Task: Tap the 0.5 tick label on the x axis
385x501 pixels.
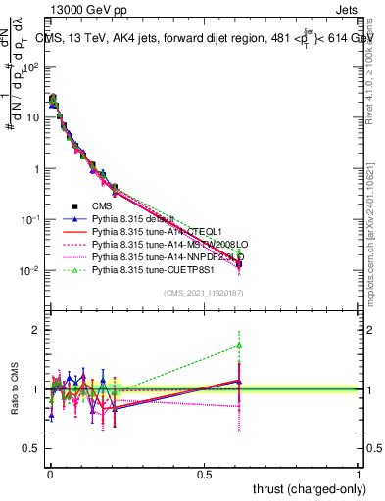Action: click(204, 473)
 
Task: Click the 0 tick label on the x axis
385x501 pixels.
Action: click(50, 473)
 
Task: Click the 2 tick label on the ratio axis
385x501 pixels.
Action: click(37, 330)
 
